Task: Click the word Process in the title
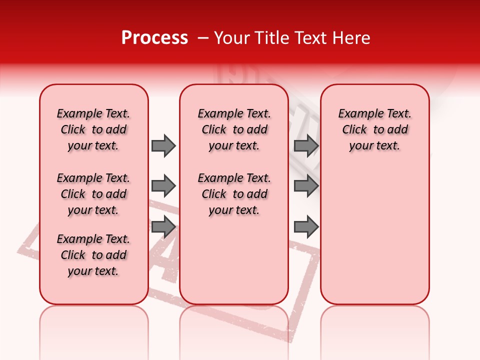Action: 154,38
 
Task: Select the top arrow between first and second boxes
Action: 163,145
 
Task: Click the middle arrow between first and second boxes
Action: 163,186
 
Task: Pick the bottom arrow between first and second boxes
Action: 163,227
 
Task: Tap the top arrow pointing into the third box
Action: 306,145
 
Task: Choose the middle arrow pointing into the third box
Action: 306,186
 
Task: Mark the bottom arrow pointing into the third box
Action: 306,227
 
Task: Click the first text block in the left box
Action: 93,129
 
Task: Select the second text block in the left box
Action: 93,194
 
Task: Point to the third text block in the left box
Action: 93,255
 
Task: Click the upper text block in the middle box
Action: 234,129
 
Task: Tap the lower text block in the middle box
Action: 234,194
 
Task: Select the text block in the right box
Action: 374,129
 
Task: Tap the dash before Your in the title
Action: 203,38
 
